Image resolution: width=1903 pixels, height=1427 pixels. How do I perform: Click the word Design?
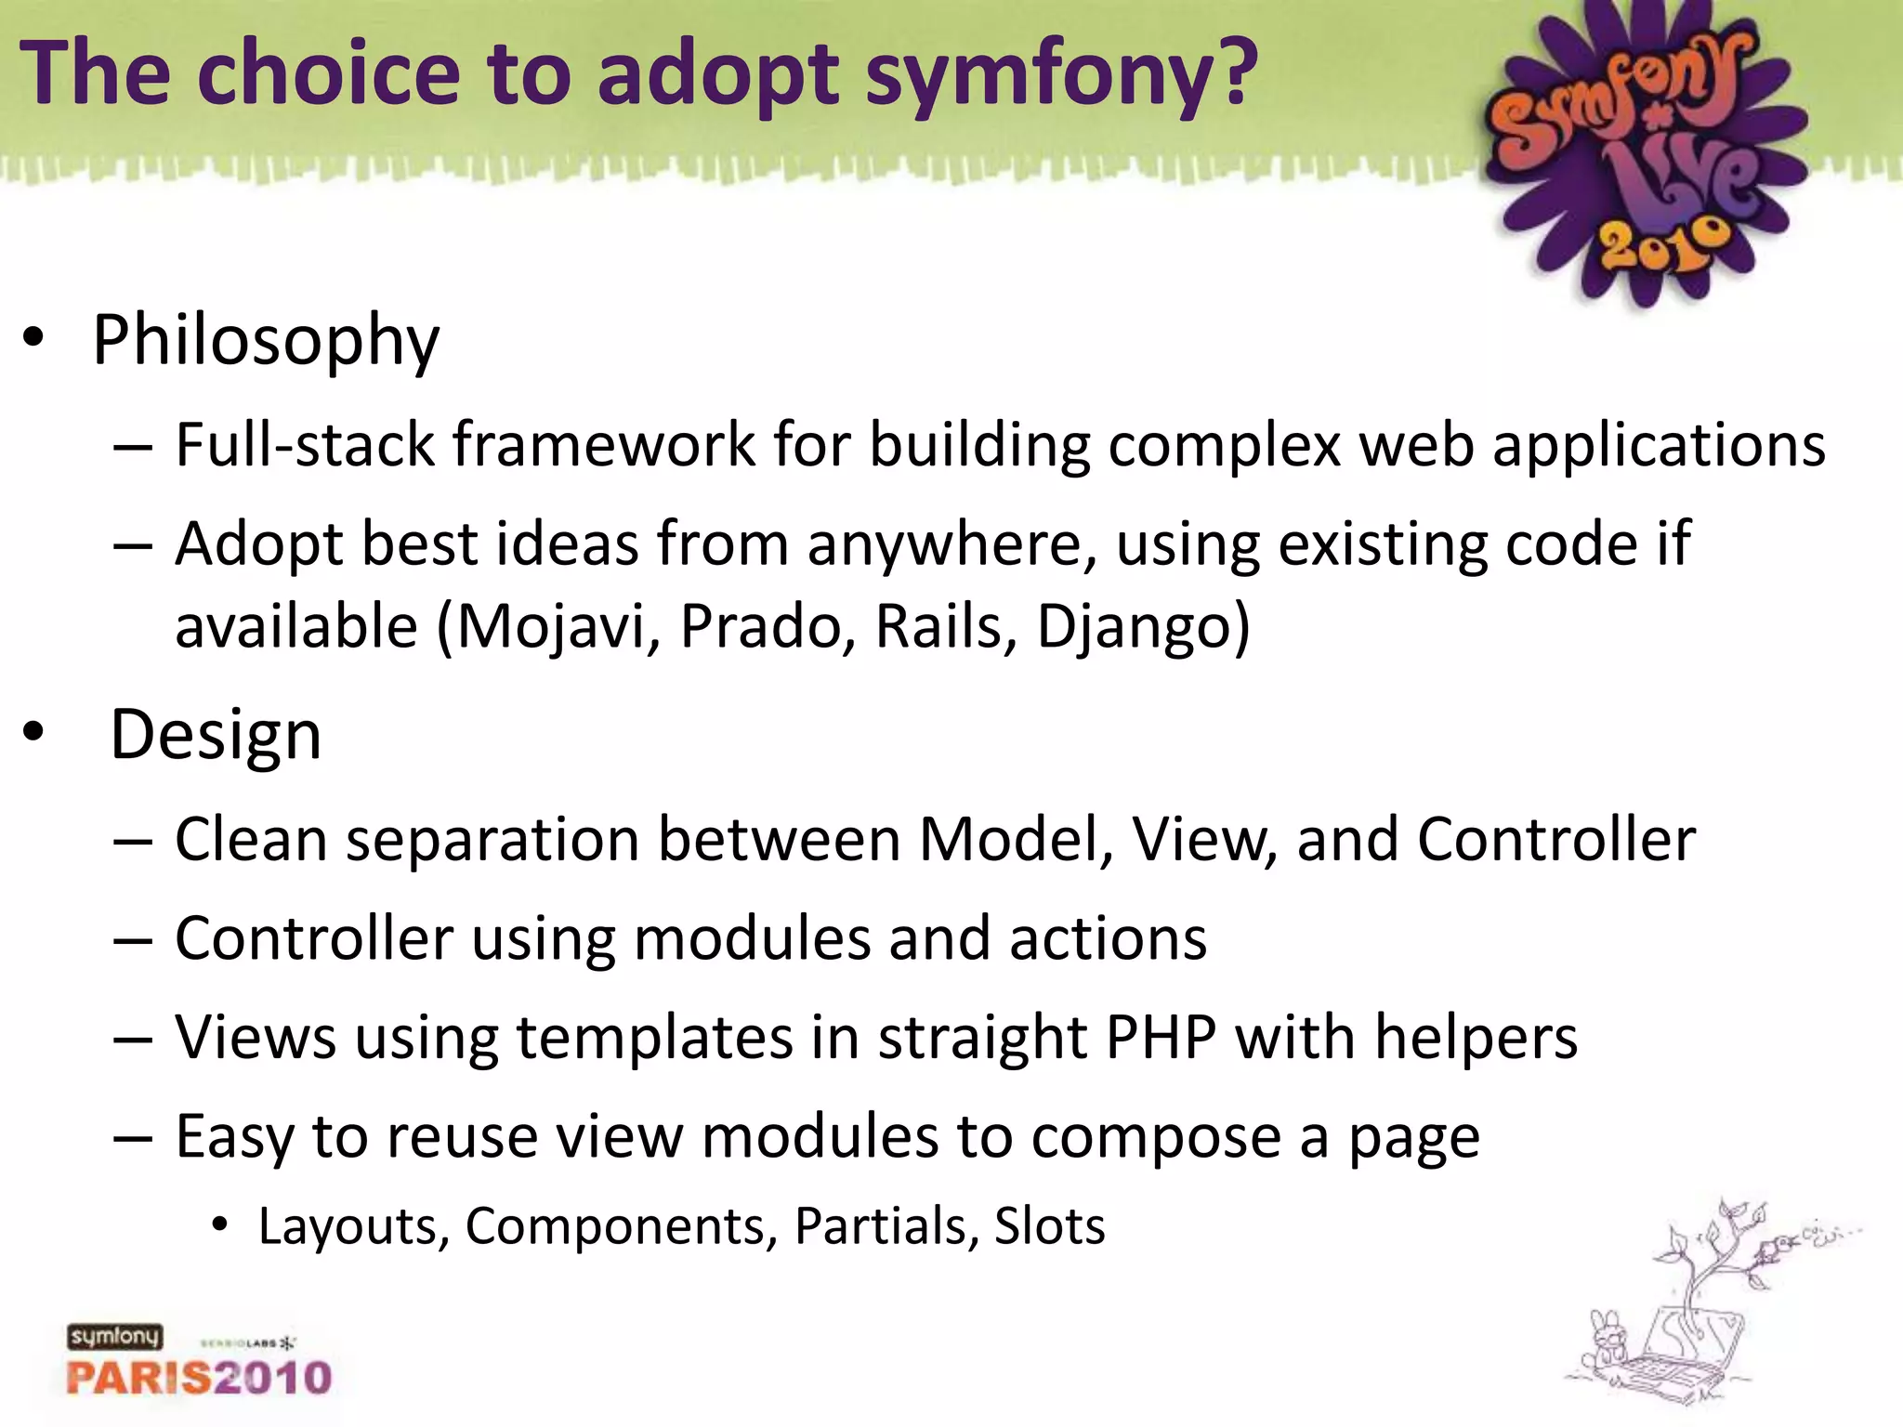pos(216,735)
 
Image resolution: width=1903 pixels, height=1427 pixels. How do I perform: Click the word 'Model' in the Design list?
pos(1014,839)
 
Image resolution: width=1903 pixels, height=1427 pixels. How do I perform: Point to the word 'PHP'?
pos(1161,1037)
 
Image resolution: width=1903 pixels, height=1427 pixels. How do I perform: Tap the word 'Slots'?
pos(1049,1226)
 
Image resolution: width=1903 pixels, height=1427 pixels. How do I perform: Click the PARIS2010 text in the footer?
pos(199,1377)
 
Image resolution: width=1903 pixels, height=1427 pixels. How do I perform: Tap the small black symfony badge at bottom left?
pos(114,1337)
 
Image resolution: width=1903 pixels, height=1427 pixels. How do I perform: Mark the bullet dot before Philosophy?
pos(33,340)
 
